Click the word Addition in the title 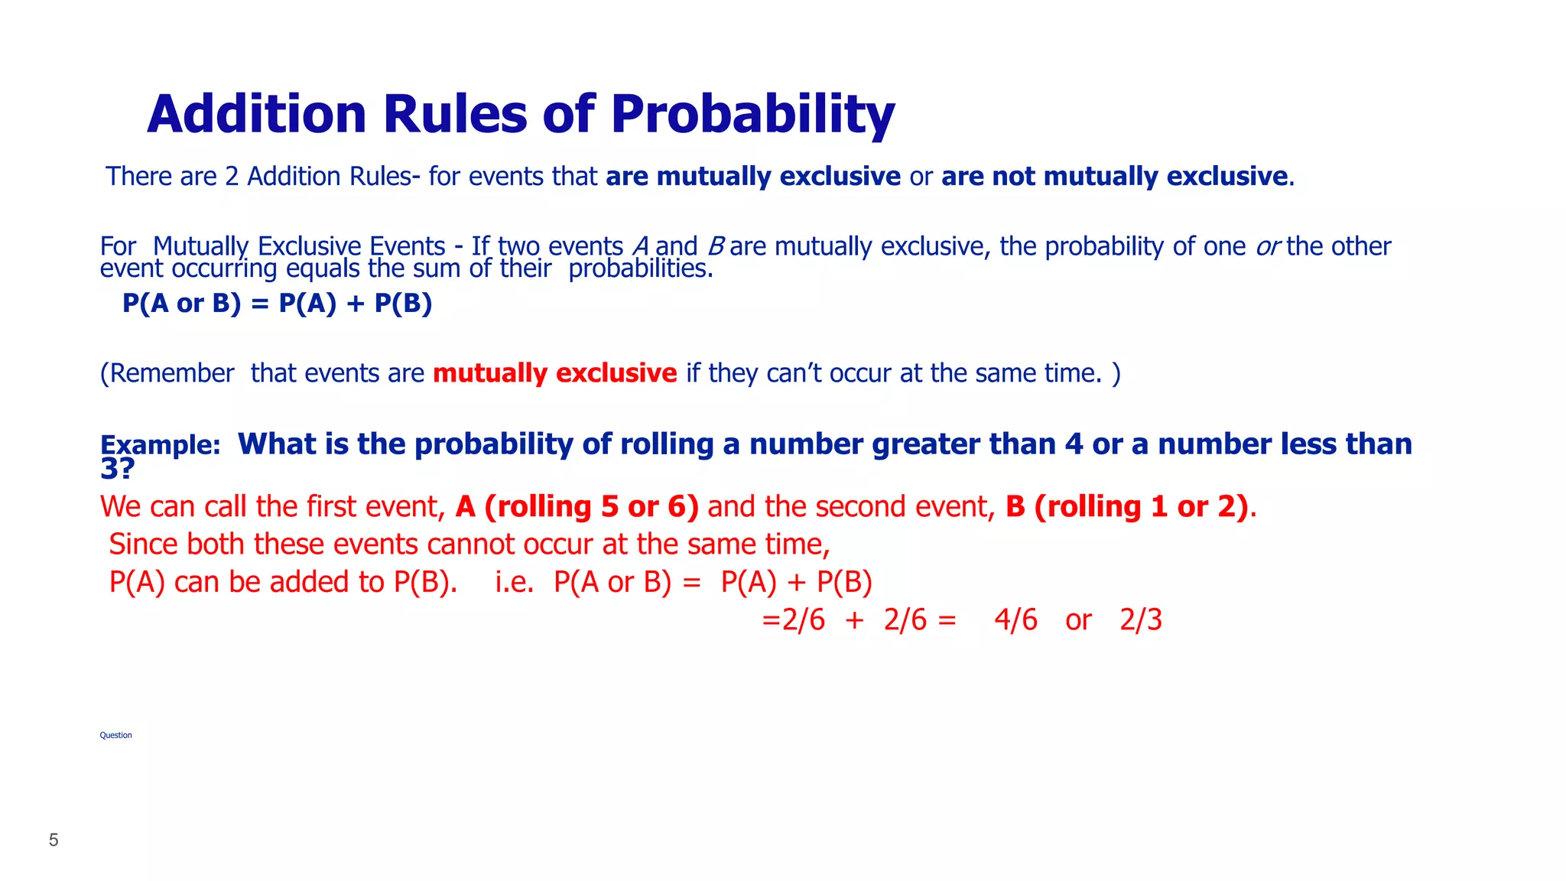click(257, 115)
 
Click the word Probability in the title click(752, 115)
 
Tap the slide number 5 click(54, 840)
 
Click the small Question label click(115, 736)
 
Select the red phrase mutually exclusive click(554, 373)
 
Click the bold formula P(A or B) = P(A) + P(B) click(277, 304)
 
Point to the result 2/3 click(1140, 620)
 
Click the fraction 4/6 click(1015, 620)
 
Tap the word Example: click(161, 445)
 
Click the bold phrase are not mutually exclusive click(1114, 177)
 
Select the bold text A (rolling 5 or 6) click(577, 507)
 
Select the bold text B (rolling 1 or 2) click(1126, 507)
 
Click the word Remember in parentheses click(171, 373)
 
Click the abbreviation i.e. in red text click(515, 583)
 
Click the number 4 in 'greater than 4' click(1074, 444)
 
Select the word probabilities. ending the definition click(641, 268)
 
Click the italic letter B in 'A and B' click(715, 247)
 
